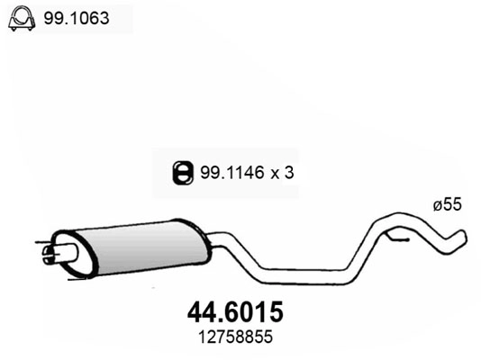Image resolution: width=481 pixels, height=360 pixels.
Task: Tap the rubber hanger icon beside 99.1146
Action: tap(181, 168)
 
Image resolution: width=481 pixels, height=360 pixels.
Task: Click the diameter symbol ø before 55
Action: tap(439, 205)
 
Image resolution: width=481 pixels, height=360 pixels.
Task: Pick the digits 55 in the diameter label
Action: tap(453, 205)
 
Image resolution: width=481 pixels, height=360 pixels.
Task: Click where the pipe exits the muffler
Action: tap(209, 238)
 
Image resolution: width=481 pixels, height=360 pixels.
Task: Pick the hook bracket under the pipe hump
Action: tap(396, 237)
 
